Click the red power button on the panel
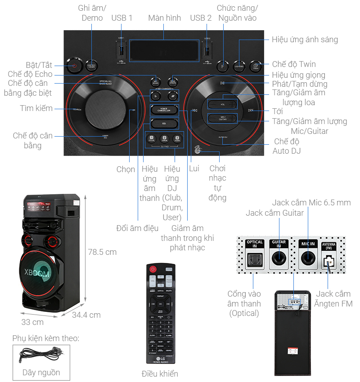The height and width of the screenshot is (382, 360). pos(74,66)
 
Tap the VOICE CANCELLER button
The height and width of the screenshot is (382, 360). pos(164,110)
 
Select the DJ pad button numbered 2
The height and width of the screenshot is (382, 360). pos(164,139)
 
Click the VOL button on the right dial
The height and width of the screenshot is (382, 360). pos(222,104)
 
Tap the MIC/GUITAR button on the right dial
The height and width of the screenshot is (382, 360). pos(222,118)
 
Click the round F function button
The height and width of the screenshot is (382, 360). pos(222,66)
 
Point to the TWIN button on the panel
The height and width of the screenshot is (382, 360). pos(255,66)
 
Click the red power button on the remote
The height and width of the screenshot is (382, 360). pos(153,270)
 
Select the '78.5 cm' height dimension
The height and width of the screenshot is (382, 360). pos(102,252)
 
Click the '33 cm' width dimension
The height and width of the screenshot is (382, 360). pos(32,322)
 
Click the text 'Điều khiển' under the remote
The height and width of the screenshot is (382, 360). pos(160,374)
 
